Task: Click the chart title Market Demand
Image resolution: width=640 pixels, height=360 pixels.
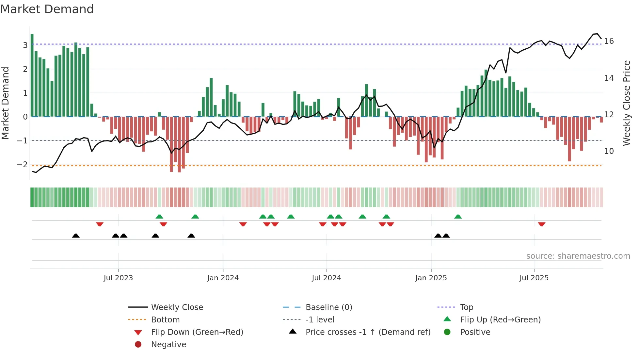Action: [47, 9]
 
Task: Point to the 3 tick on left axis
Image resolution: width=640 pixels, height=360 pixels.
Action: [25, 45]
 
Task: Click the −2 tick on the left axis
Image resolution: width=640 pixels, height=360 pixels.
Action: [23, 165]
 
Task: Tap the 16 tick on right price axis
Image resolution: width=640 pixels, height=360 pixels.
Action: [609, 41]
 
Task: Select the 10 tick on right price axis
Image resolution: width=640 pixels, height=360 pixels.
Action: [609, 151]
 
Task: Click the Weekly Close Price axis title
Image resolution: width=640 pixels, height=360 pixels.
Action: [626, 103]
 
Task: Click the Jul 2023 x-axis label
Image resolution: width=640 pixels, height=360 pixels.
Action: [118, 278]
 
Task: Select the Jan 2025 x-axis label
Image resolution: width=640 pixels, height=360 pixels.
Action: [431, 278]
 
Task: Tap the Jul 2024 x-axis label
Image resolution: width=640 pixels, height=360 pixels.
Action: [326, 278]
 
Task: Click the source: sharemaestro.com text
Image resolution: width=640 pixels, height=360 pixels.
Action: [578, 256]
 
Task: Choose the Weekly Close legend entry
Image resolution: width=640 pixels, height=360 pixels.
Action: [177, 307]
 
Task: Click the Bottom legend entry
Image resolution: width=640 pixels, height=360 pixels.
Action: [165, 320]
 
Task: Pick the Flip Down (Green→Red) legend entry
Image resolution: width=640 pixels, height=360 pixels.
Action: [197, 332]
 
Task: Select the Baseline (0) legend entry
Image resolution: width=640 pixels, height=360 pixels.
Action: [328, 307]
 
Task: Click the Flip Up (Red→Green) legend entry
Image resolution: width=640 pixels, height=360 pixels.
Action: [500, 320]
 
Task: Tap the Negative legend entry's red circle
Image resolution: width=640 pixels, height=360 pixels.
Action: [138, 345]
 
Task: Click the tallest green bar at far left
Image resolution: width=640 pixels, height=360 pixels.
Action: [32, 75]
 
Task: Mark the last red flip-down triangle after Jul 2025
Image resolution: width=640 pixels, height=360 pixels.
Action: [542, 224]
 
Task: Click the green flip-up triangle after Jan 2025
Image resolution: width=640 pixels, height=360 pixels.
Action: [458, 217]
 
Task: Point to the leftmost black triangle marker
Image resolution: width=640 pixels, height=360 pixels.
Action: [76, 236]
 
